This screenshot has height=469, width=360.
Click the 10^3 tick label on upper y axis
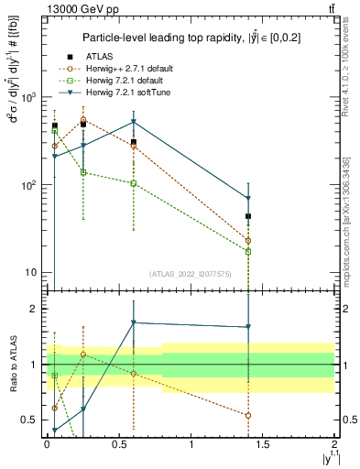(x=28, y=97)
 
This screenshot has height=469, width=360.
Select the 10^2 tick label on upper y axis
(x=28, y=185)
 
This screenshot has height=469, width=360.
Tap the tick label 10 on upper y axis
(x=31, y=273)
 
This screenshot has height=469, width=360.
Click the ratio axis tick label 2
(x=35, y=309)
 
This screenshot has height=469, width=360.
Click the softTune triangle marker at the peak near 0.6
(x=134, y=122)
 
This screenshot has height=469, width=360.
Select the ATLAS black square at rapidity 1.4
(x=248, y=216)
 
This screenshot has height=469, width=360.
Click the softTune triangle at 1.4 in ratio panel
(x=248, y=327)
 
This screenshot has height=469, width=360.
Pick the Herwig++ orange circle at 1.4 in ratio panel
(x=248, y=415)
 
